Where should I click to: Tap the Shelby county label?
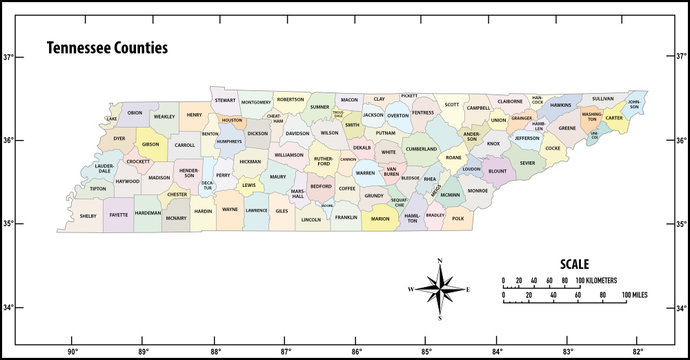coord(88,215)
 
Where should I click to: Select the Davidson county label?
coord(297,133)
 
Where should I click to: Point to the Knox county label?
coord(493,143)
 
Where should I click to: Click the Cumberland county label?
coord(421,148)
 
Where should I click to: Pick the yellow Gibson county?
coord(150,144)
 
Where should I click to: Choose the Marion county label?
coord(380,218)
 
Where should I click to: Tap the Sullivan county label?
coord(602,99)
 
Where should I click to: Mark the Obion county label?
coord(135,113)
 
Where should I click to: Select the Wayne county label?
coord(230,210)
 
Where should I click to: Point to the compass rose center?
coord(440,289)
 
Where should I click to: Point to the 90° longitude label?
coord(72,350)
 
